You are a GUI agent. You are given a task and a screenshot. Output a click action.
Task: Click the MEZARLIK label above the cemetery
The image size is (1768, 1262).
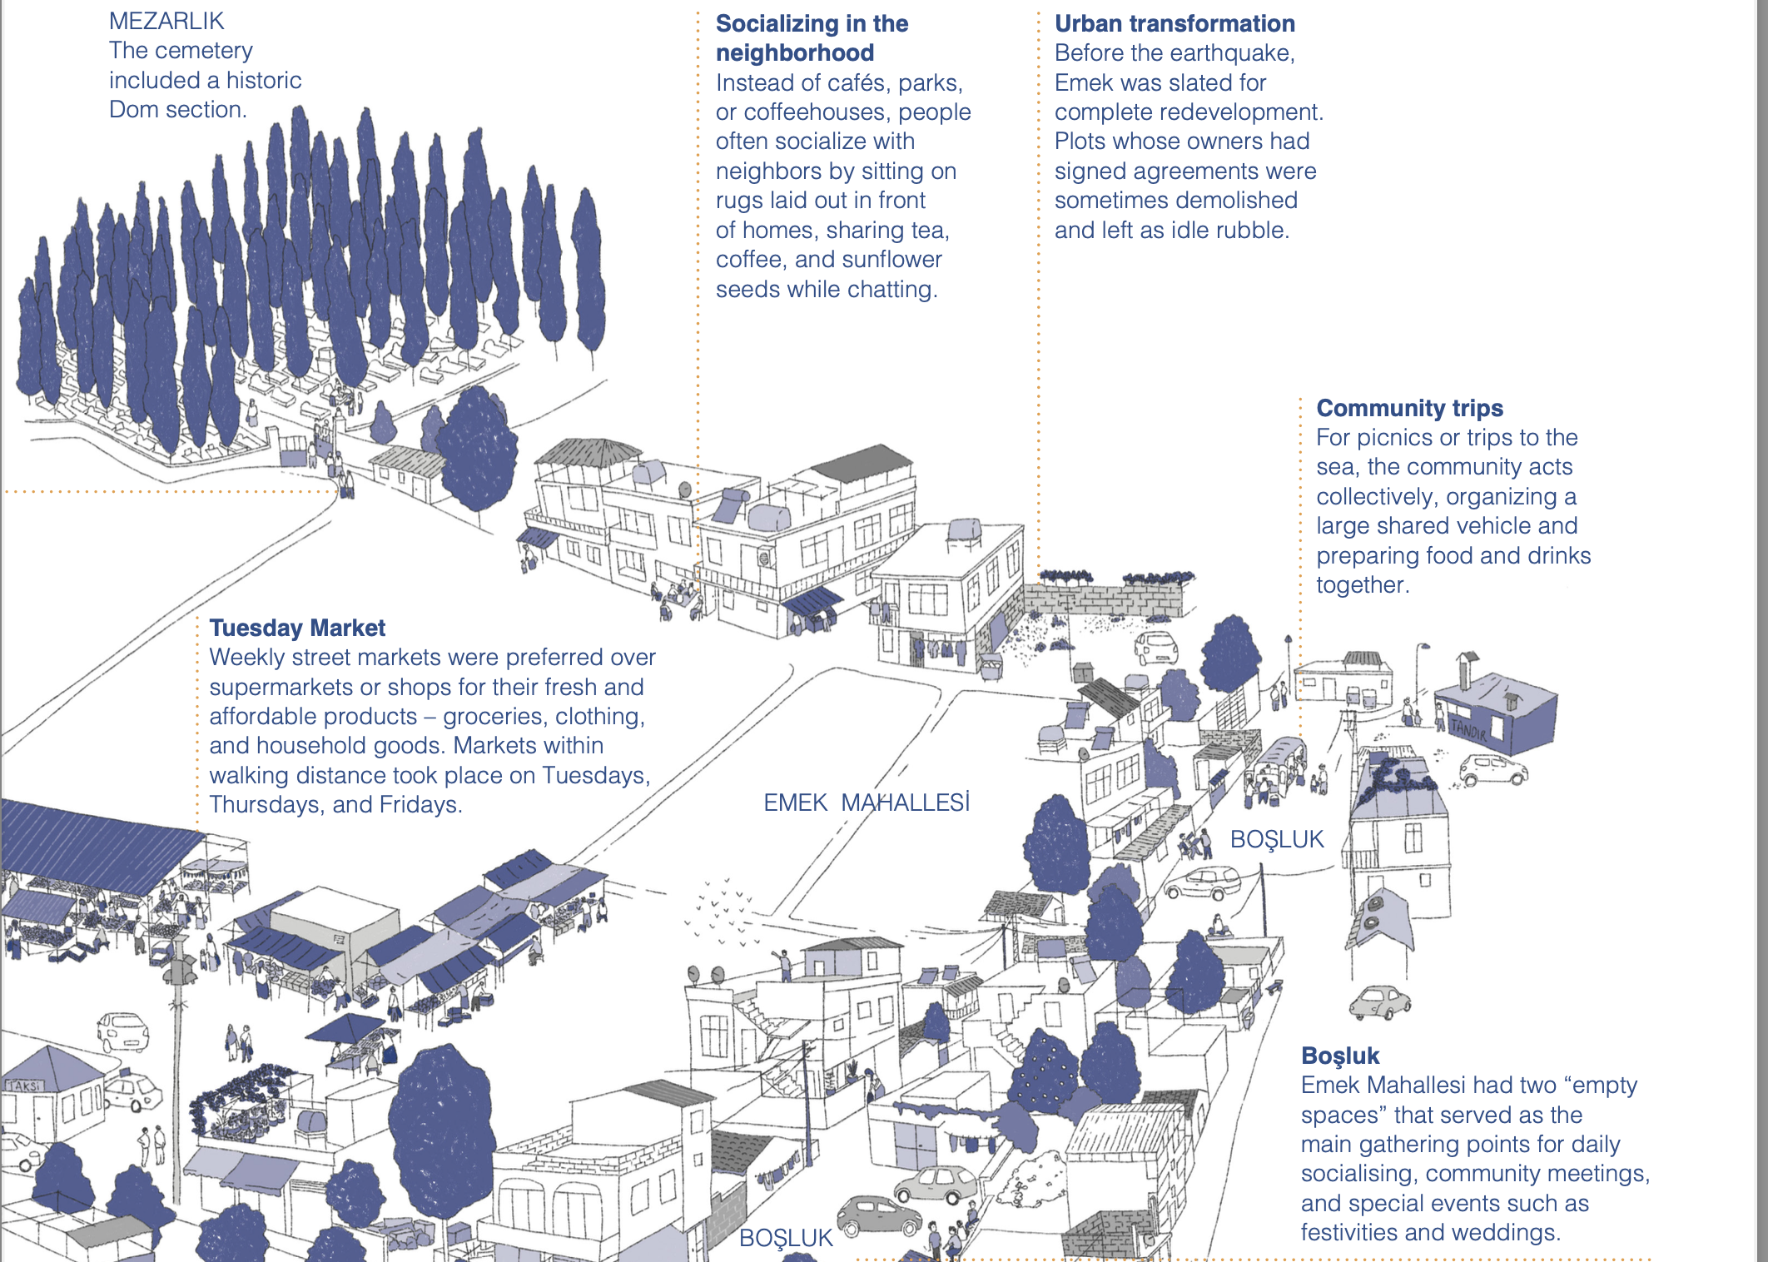pos(166,21)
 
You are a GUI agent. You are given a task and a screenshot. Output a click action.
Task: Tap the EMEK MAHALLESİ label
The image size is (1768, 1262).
pos(867,802)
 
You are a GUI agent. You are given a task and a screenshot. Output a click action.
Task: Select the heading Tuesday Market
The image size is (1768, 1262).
pos(297,628)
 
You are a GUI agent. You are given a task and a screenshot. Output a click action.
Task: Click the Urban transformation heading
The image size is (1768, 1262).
pos(1175,23)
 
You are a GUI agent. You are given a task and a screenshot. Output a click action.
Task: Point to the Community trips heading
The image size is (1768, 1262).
pos(1409,408)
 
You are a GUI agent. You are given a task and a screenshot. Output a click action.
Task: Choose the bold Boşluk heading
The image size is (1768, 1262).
pos(1340,1056)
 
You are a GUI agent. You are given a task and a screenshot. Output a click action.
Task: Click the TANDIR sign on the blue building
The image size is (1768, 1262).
pos(1468,730)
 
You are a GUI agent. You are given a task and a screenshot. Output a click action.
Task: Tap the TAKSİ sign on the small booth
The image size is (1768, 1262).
pos(24,1086)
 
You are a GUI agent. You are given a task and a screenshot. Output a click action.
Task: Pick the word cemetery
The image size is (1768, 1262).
pos(203,51)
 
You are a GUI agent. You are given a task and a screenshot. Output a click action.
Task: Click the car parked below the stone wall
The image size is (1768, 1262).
pos(1156,646)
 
